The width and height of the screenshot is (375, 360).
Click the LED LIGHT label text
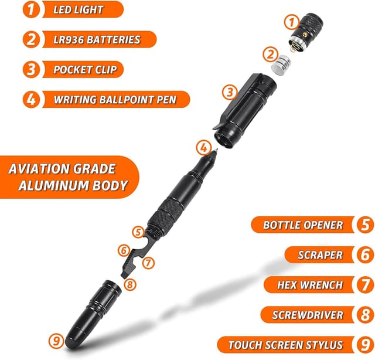(x=79, y=10)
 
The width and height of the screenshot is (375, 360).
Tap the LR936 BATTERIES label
(x=97, y=40)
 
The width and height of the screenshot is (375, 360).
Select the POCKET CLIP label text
(x=85, y=70)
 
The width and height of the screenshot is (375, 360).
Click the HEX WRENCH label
(x=311, y=285)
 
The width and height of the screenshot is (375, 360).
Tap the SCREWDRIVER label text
(x=308, y=315)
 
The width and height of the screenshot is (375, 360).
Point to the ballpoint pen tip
(x=216, y=151)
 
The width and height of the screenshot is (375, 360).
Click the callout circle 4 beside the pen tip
(x=203, y=147)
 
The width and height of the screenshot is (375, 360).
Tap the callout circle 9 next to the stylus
(x=56, y=340)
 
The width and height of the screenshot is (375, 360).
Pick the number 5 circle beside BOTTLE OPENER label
(x=363, y=225)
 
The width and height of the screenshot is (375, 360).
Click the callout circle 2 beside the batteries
(x=270, y=55)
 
